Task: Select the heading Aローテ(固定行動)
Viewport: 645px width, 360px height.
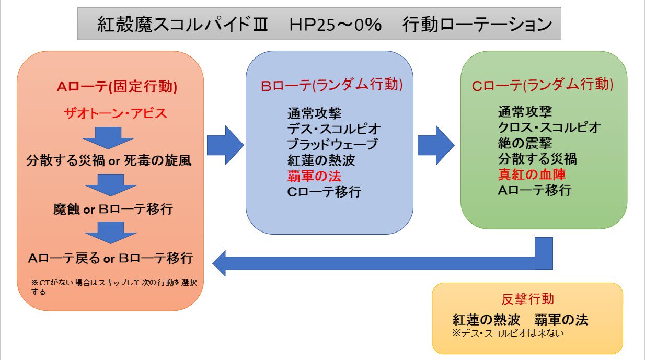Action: (x=117, y=87)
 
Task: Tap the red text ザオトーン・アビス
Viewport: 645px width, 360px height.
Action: (x=115, y=113)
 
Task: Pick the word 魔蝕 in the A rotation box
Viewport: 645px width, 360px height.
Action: (x=66, y=210)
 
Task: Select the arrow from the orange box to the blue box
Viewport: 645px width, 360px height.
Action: (x=225, y=145)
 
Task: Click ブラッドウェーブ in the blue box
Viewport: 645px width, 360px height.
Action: (x=332, y=144)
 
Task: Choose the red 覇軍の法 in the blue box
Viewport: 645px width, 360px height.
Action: (x=315, y=176)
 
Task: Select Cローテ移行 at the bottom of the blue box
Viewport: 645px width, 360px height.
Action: (x=324, y=192)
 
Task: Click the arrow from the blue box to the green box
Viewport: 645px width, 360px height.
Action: (x=435, y=145)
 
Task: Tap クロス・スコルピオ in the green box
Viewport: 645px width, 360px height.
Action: (x=549, y=127)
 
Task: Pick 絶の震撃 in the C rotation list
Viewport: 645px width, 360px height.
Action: (x=525, y=143)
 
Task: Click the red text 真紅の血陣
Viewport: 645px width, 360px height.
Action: (x=532, y=175)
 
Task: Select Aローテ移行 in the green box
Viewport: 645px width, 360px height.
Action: (x=534, y=190)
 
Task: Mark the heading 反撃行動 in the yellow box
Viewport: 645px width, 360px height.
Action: (x=527, y=299)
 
